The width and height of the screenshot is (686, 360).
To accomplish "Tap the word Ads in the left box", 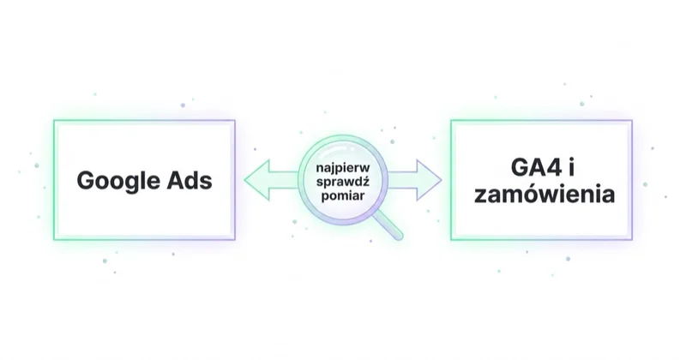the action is click(x=190, y=180).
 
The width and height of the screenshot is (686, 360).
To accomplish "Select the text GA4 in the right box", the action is click(x=537, y=167).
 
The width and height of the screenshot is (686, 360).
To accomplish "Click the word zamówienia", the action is click(x=545, y=194).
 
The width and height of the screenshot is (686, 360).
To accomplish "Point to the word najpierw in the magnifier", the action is click(x=343, y=167).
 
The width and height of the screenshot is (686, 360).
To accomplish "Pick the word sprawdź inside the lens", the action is click(x=343, y=182).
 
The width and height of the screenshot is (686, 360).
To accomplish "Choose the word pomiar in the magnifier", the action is click(x=343, y=195).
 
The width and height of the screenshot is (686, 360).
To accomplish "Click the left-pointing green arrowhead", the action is click(x=256, y=180).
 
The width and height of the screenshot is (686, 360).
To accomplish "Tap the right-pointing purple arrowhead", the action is click(x=429, y=180).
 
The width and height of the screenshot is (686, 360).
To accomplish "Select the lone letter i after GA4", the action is click(x=571, y=167).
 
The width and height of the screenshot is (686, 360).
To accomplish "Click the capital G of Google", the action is click(x=86, y=180).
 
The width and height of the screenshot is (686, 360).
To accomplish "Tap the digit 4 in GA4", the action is click(x=554, y=167).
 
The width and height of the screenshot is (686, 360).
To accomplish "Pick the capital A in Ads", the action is click(x=176, y=180).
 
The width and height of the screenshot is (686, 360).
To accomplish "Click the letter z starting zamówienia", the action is click(x=481, y=196).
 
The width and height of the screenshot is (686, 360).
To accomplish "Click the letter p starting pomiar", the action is click(x=326, y=197).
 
